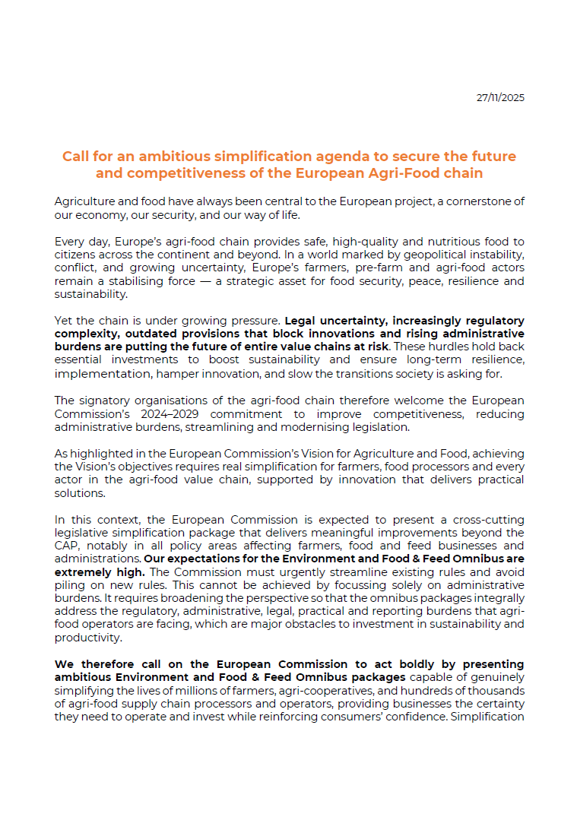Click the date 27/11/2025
(500, 98)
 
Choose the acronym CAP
(67, 546)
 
